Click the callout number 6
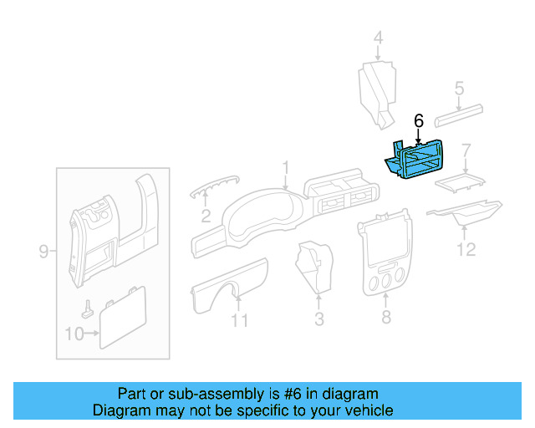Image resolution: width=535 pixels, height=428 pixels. [x=419, y=121]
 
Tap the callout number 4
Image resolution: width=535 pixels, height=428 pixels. [x=378, y=38]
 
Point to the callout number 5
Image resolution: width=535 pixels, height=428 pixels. [x=458, y=87]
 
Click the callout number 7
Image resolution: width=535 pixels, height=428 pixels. [x=466, y=150]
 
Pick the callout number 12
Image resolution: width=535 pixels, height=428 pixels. [x=466, y=248]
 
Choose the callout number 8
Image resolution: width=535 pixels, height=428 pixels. [x=385, y=318]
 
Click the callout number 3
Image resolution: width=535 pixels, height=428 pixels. [x=318, y=318]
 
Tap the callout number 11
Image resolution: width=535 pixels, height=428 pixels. [x=240, y=320]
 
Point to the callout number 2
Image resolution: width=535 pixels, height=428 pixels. [x=205, y=217]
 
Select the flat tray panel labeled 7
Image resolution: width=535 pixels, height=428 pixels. [x=459, y=181]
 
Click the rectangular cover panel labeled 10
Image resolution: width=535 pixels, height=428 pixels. [x=122, y=316]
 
